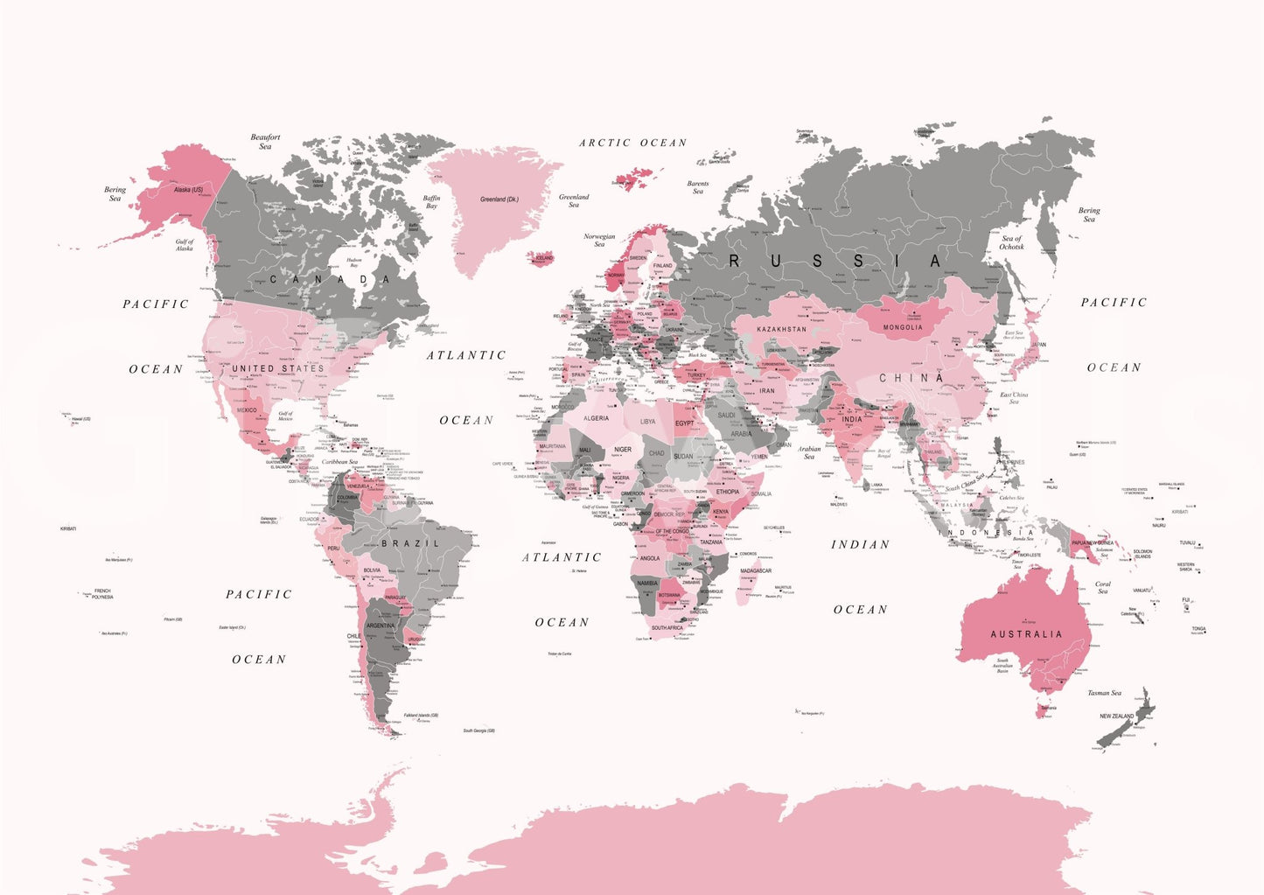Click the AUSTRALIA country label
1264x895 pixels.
pyautogui.click(x=1026, y=634)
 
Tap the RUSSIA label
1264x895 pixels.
pyautogui.click(x=835, y=261)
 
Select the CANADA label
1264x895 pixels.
pyautogui.click(x=330, y=280)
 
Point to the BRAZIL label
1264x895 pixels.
pyautogui.click(x=410, y=543)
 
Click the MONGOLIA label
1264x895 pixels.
pyautogui.click(x=903, y=327)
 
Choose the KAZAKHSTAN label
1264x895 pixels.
pyautogui.click(x=781, y=329)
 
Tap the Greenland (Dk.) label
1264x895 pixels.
pyautogui.click(x=499, y=199)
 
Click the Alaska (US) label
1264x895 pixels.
pyautogui.click(x=188, y=190)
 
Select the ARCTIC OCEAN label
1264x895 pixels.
pyautogui.click(x=632, y=143)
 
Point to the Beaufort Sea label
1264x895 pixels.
pyautogui.click(x=265, y=142)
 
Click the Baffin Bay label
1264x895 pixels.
pyautogui.click(x=431, y=202)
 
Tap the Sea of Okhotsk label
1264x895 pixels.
pyautogui.click(x=1011, y=242)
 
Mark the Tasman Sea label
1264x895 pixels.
pyautogui.click(x=1104, y=693)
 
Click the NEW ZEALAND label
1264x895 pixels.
pyautogui.click(x=1116, y=717)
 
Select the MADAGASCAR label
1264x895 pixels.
pyautogui.click(x=756, y=570)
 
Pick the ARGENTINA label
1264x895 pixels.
pyautogui.click(x=381, y=626)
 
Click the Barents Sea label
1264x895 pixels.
pyautogui.click(x=698, y=188)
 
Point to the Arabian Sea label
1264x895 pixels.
pyautogui.click(x=809, y=452)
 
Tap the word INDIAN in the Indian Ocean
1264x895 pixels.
pyautogui.click(x=860, y=544)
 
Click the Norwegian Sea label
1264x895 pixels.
pyautogui.click(x=599, y=240)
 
